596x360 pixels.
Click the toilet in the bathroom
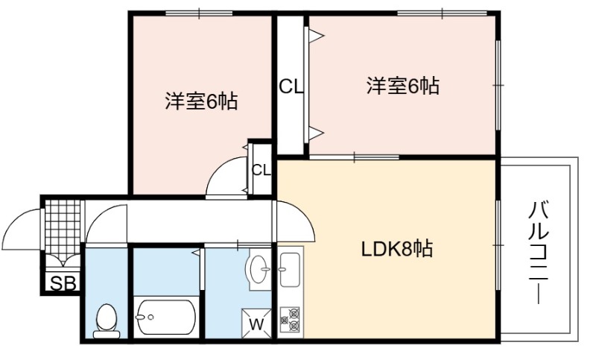click(107, 321)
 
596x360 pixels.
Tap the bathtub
click(165, 318)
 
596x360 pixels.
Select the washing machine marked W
click(256, 323)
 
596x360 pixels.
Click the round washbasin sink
click(258, 269)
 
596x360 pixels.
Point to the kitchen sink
click(290, 270)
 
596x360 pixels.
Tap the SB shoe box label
click(63, 283)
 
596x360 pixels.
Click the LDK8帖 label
click(396, 250)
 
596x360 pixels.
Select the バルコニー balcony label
click(539, 253)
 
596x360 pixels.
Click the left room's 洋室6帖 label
click(201, 101)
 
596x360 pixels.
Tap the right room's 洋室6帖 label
click(403, 86)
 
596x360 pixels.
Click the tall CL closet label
click(291, 87)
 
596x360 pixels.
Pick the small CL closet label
click(261, 170)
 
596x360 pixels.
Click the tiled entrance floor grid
click(63, 229)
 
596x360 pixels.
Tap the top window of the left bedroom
click(200, 13)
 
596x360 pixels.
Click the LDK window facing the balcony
click(498, 245)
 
